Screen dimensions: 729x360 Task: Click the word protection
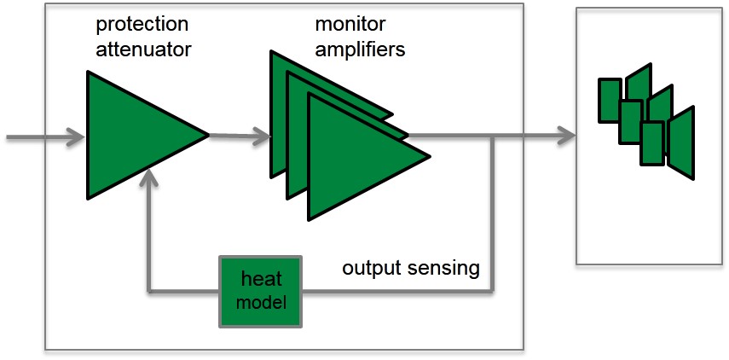142,25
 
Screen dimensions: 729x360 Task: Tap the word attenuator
143,49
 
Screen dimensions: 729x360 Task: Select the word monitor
350,24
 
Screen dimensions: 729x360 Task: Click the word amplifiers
361,49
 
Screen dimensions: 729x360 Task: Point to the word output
373,269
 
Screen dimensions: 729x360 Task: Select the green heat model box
260,292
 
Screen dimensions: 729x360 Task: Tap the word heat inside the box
261,279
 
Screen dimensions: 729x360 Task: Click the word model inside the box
261,303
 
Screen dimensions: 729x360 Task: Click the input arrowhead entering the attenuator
75,137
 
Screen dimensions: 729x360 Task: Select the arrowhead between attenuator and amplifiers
261,136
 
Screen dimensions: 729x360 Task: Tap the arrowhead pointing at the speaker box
567,136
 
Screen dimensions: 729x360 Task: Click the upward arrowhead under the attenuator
148,178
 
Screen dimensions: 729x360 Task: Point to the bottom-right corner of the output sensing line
492,292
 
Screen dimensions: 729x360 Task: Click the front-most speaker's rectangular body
652,143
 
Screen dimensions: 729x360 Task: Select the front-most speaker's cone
681,142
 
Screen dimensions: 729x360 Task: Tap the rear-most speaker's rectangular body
610,101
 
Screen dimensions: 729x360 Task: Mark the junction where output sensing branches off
492,136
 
